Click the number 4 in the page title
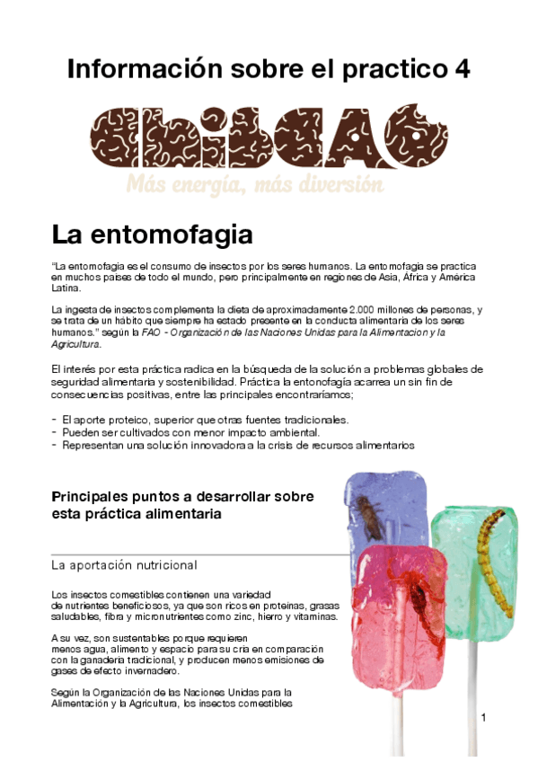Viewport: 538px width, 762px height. [x=462, y=68]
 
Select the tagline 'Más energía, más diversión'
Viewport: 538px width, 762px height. [x=255, y=185]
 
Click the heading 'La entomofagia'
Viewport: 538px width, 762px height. [x=152, y=235]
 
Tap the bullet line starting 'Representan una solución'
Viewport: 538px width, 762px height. [x=237, y=445]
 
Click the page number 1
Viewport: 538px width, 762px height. [x=483, y=717]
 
